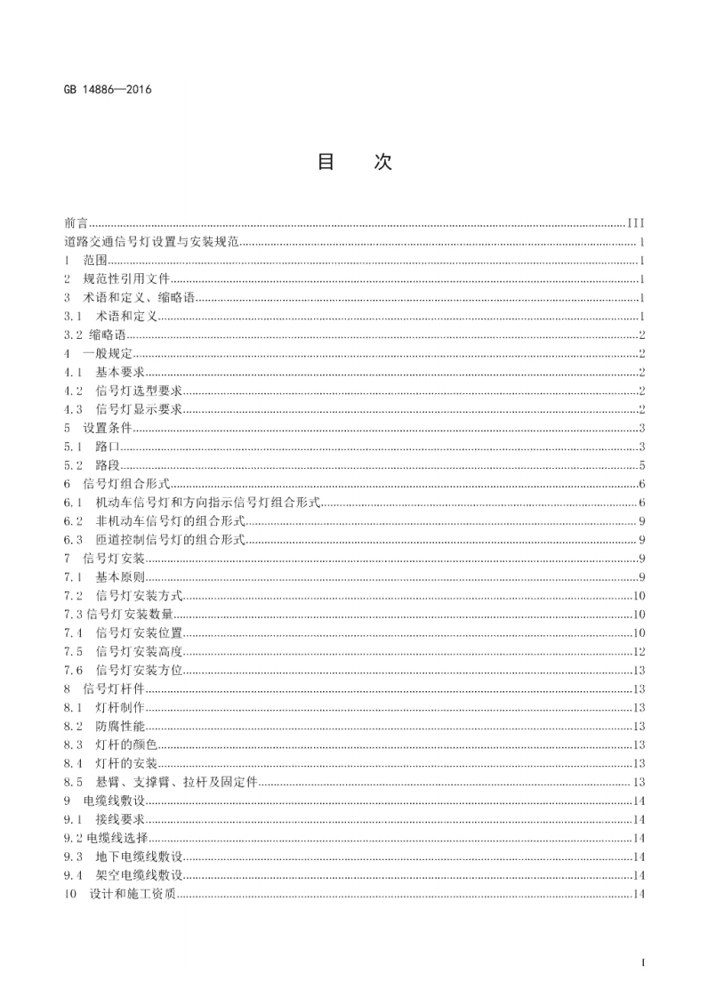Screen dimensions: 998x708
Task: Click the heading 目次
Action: coord(354,162)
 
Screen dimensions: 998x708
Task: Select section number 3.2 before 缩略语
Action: coord(74,335)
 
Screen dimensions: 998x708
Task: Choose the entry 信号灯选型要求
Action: coord(139,391)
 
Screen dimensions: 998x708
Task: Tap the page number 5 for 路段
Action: coord(641,466)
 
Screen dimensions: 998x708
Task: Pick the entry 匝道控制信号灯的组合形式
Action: coord(170,541)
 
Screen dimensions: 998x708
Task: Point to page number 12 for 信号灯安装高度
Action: coord(639,652)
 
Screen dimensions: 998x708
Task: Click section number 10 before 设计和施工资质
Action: coord(71,894)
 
